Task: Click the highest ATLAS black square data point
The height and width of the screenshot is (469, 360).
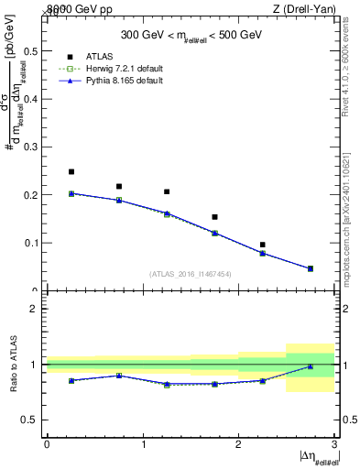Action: click(71, 171)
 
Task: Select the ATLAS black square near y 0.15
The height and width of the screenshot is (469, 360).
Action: click(214, 217)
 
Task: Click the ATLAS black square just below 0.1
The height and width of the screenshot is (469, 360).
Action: click(262, 245)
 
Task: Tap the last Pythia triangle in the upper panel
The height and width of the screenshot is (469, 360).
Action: click(311, 268)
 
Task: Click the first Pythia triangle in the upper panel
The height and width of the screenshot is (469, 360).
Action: click(71, 193)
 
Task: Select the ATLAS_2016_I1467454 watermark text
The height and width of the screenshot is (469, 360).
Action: click(191, 274)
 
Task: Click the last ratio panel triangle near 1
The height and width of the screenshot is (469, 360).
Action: click(311, 366)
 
